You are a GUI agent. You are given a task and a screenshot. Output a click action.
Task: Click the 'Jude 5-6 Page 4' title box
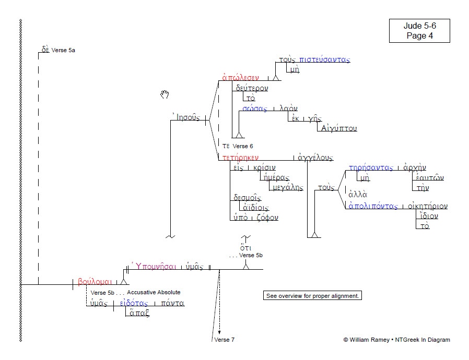click(x=419, y=31)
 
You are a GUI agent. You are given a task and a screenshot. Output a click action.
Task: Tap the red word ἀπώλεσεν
click(x=240, y=78)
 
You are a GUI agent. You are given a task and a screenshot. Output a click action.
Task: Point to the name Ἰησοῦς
click(x=185, y=117)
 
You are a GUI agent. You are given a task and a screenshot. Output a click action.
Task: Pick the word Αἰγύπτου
click(x=339, y=128)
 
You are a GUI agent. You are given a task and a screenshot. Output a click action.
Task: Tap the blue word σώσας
click(x=254, y=109)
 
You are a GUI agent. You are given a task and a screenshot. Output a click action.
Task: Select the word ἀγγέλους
click(x=315, y=157)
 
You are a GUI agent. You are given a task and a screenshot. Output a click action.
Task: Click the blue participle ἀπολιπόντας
click(x=373, y=206)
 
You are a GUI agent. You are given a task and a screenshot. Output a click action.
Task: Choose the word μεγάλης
click(x=286, y=187)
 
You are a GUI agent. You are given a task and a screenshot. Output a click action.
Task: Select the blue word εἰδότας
click(x=134, y=303)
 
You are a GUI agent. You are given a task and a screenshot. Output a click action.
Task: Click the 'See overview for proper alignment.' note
click(x=312, y=296)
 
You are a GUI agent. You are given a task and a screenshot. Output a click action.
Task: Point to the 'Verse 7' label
click(x=225, y=340)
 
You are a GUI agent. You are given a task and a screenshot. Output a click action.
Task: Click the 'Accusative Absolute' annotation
click(x=154, y=292)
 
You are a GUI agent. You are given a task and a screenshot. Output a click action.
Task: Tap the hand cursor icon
click(x=165, y=94)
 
